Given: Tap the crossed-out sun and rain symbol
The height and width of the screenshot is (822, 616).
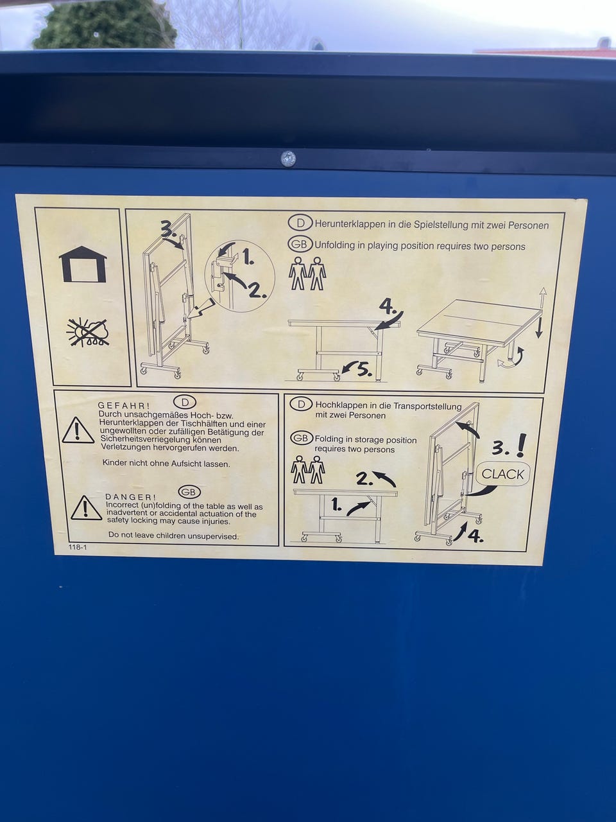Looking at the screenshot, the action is coord(88,332).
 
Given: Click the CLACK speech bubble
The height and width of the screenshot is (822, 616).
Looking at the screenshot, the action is coord(502,474).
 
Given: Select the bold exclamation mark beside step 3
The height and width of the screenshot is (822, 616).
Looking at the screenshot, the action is coord(520,445).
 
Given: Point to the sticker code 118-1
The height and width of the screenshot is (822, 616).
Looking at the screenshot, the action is coord(78,547).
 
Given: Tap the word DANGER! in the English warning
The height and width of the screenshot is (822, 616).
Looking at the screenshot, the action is coord(130,497).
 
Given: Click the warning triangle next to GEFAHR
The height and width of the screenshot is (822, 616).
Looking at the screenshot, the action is coord(78,430).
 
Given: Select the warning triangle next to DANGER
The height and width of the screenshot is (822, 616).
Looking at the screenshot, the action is coord(86,508).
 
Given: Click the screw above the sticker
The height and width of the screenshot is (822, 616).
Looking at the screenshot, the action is coord(288,159).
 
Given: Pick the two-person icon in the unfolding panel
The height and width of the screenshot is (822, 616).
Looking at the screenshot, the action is coord(307,274).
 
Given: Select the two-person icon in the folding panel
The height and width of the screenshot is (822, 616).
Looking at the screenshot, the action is coord(308,469).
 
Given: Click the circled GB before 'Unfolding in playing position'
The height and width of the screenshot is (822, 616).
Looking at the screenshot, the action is coord(300,245).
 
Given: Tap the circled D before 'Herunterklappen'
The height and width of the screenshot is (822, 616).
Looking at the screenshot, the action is coord(300,223).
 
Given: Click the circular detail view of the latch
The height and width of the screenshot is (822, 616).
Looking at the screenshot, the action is coord(240,276).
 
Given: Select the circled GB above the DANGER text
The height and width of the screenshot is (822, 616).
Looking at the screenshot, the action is coord(189,492).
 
